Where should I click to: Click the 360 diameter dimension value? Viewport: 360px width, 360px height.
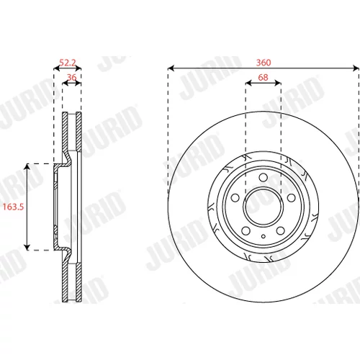click(x=264, y=63)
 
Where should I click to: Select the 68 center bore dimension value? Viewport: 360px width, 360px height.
click(x=263, y=77)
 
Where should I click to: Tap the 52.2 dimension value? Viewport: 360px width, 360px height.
click(x=68, y=63)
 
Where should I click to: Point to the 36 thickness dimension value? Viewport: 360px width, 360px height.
click(x=72, y=77)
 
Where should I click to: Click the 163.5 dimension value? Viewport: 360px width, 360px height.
click(x=13, y=207)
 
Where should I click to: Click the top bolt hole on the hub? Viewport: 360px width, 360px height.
click(x=264, y=177)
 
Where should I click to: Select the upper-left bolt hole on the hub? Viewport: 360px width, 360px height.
click(x=235, y=198)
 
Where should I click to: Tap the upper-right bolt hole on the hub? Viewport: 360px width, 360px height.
click(x=292, y=198)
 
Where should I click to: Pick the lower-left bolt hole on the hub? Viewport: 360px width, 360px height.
click(x=246, y=231)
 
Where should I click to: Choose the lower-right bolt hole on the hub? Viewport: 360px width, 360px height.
click(x=281, y=231)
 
